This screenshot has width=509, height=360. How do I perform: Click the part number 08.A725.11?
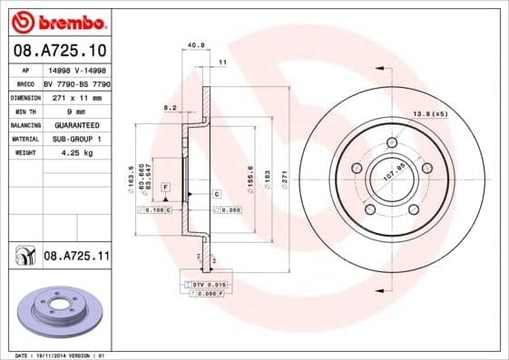point(75,257)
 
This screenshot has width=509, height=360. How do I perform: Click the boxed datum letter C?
point(218,194)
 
